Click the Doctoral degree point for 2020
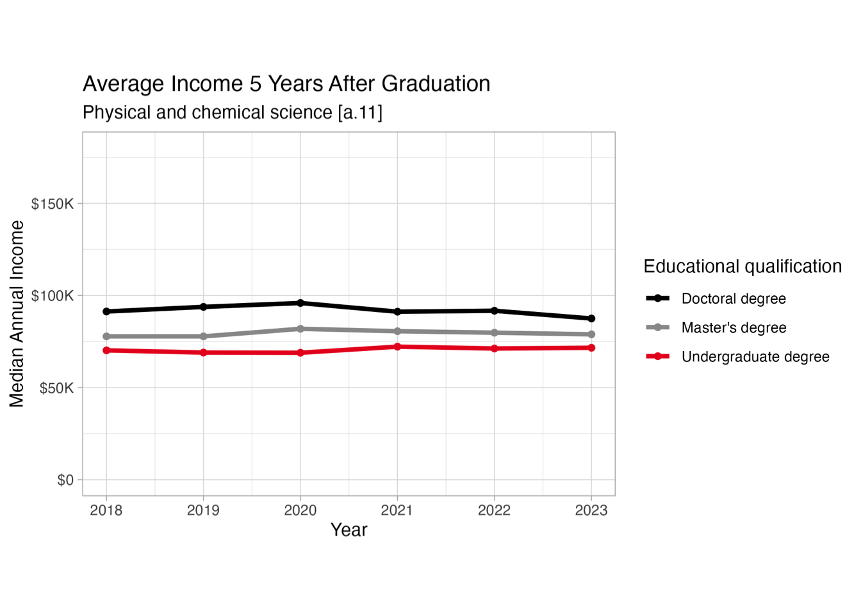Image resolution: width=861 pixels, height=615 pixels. [300, 303]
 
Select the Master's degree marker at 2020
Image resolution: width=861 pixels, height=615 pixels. [300, 329]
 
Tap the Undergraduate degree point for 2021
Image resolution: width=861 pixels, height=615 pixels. [397, 347]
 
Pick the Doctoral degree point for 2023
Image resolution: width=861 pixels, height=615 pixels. [591, 318]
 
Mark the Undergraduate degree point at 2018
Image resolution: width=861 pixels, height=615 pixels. [106, 350]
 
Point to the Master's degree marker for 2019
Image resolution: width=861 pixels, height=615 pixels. [204, 336]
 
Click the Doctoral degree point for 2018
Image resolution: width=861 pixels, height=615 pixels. [106, 311]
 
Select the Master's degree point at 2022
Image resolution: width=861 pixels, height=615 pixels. [495, 332]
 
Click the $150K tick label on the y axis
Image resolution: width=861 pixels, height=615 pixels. [53, 204]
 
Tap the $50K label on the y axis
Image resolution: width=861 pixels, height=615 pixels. [56, 388]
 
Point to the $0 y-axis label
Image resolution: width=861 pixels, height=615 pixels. [65, 480]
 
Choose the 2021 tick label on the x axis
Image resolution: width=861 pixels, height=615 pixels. [397, 511]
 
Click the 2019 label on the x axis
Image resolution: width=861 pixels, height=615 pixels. [204, 511]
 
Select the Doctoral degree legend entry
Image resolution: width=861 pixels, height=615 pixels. [734, 299]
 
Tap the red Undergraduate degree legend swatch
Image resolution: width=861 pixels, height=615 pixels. [658, 356]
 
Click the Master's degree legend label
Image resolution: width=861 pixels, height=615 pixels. [734, 328]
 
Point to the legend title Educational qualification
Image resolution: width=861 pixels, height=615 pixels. [742, 266]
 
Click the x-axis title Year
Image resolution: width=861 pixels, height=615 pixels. [348, 530]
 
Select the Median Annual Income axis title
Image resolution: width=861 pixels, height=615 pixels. [17, 314]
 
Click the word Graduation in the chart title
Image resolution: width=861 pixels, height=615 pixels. [436, 84]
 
